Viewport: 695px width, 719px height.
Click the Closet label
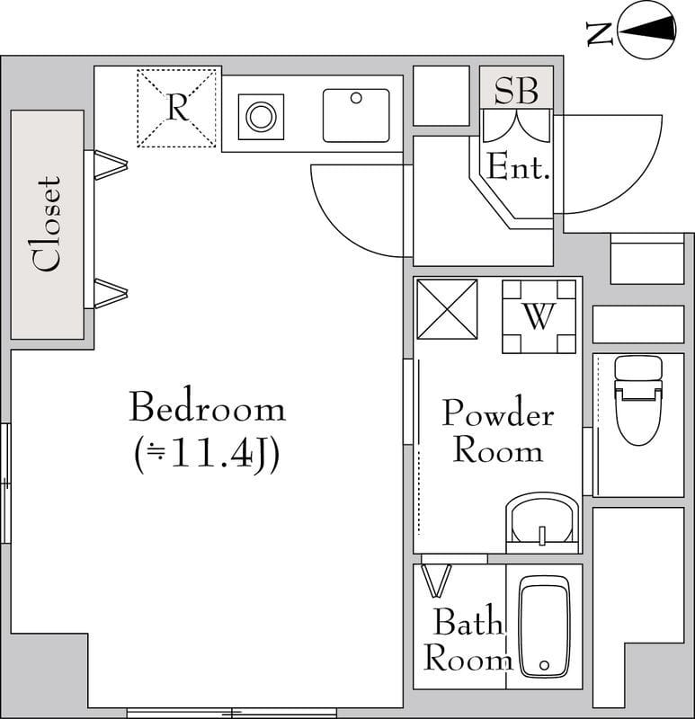coord(47,224)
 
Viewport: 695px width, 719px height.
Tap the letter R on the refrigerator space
coord(177,108)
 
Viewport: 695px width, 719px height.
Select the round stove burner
coord(261,117)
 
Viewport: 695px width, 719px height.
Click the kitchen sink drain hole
coord(356,98)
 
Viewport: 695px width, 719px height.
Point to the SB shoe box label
coord(516,90)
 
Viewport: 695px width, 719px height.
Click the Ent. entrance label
coord(518,167)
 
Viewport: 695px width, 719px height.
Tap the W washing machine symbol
coord(539,316)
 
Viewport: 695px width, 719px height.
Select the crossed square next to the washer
coord(447,309)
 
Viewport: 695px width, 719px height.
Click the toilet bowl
coord(638,416)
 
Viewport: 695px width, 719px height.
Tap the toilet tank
coord(638,368)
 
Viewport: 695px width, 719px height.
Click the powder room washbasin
coord(542,523)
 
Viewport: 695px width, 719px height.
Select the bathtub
coord(544,626)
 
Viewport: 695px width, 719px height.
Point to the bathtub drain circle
coord(545,665)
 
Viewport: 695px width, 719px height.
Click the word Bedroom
coord(208,407)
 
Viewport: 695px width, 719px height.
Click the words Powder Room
coord(498,431)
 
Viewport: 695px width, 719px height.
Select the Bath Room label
coord(467,640)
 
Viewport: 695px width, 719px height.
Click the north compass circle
coord(647,31)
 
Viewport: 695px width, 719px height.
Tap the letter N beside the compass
coord(600,33)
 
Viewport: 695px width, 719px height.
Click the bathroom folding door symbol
coord(437,580)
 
